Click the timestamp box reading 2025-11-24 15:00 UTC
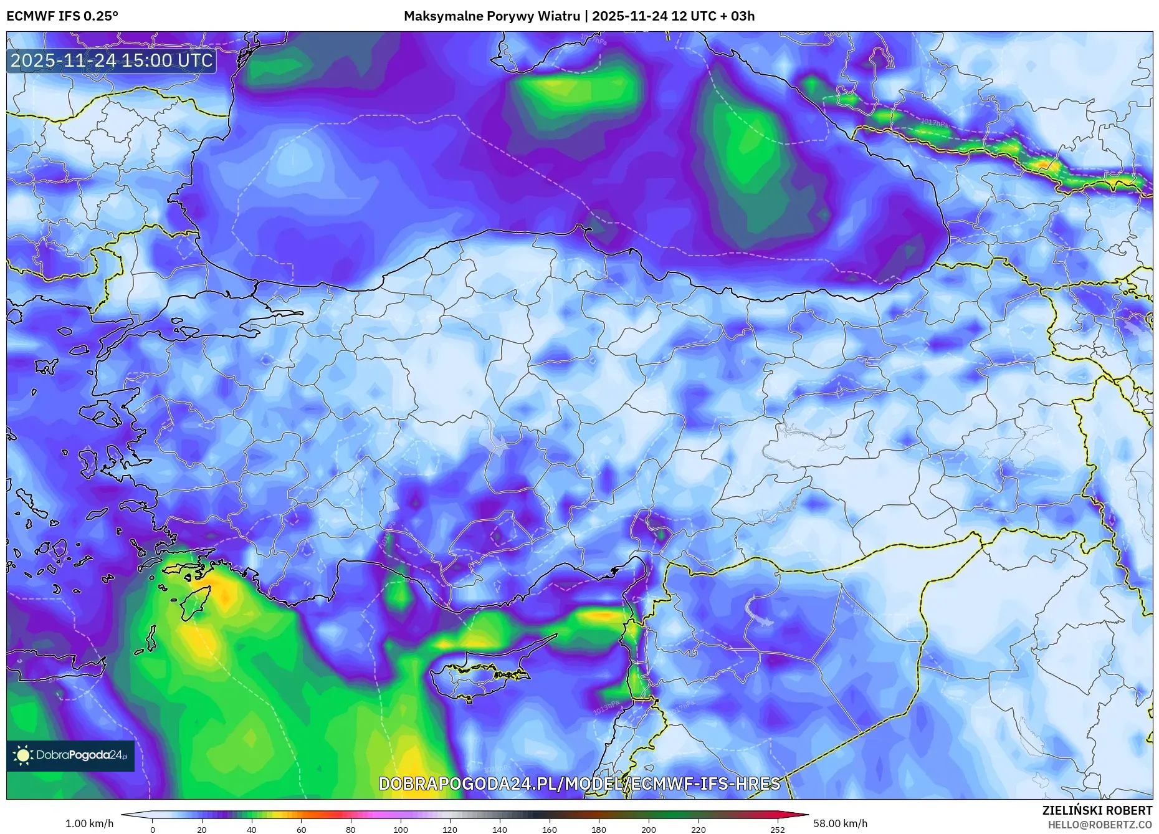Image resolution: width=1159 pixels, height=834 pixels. [x=112, y=60]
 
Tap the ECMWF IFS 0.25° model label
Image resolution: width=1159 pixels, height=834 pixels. [x=62, y=16]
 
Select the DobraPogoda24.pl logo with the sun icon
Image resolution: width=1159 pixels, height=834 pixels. [x=70, y=755]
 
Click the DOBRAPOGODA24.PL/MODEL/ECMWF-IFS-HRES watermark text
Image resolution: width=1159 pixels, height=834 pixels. [x=579, y=784]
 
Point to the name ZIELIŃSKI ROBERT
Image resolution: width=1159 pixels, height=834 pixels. [x=1097, y=810]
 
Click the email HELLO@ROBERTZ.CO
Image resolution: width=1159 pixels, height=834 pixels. [x=1099, y=825]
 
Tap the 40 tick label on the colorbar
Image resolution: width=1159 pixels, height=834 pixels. [x=251, y=830]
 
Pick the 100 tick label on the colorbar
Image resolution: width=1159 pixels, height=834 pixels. [x=400, y=830]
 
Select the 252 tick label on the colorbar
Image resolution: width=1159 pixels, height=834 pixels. [x=777, y=830]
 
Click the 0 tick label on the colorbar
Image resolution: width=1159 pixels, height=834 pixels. [x=153, y=830]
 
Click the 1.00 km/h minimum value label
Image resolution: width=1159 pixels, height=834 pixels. [x=89, y=823]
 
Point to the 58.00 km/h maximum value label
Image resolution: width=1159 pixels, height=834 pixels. [x=840, y=823]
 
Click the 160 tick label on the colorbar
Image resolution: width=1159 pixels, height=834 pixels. [x=549, y=830]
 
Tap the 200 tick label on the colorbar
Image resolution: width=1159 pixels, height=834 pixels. [x=648, y=830]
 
